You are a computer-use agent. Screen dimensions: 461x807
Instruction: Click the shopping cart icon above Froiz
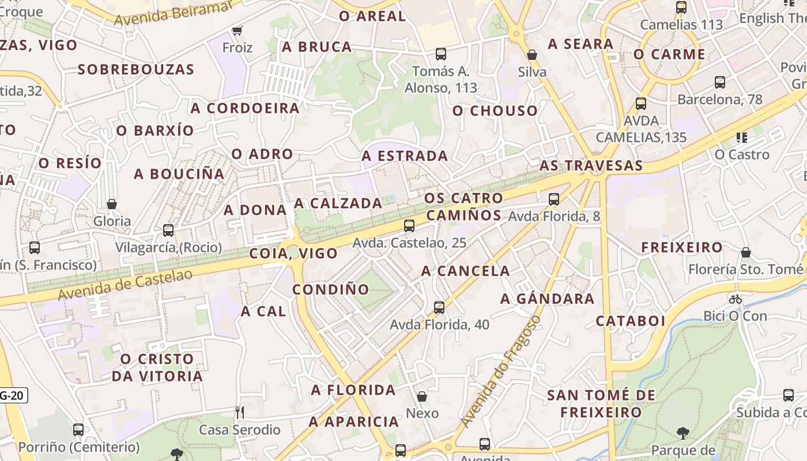point(236,30)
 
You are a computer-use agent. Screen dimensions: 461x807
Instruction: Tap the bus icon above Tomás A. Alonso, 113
point(441,54)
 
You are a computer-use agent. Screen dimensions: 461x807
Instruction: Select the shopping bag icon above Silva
point(532,55)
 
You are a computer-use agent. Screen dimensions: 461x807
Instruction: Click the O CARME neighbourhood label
point(669,54)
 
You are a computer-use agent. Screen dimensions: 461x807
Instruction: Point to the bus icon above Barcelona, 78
point(719,82)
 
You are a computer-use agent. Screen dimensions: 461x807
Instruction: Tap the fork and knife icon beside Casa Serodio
point(240,412)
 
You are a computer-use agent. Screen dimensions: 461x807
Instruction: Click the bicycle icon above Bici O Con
point(735,298)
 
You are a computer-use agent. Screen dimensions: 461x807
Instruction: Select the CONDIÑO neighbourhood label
point(330,289)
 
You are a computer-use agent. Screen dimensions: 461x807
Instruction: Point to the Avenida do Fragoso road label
point(501,371)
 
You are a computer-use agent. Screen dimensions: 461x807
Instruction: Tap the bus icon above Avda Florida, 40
point(439,307)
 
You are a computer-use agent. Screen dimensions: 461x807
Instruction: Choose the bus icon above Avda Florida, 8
point(554,199)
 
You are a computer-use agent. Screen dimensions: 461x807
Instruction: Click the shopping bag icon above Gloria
point(112,204)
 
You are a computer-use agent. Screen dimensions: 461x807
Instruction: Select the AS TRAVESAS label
point(591,165)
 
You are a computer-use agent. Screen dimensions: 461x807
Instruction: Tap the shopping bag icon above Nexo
point(422,396)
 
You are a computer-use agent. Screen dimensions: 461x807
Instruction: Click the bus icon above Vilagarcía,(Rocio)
point(168,231)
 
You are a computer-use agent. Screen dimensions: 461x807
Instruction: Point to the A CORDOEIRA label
point(245,108)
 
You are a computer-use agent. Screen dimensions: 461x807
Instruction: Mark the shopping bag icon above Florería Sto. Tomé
point(746,252)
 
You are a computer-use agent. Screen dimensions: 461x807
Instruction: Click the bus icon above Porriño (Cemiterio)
point(78,430)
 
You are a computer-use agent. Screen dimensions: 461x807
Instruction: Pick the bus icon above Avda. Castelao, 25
point(409,225)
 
